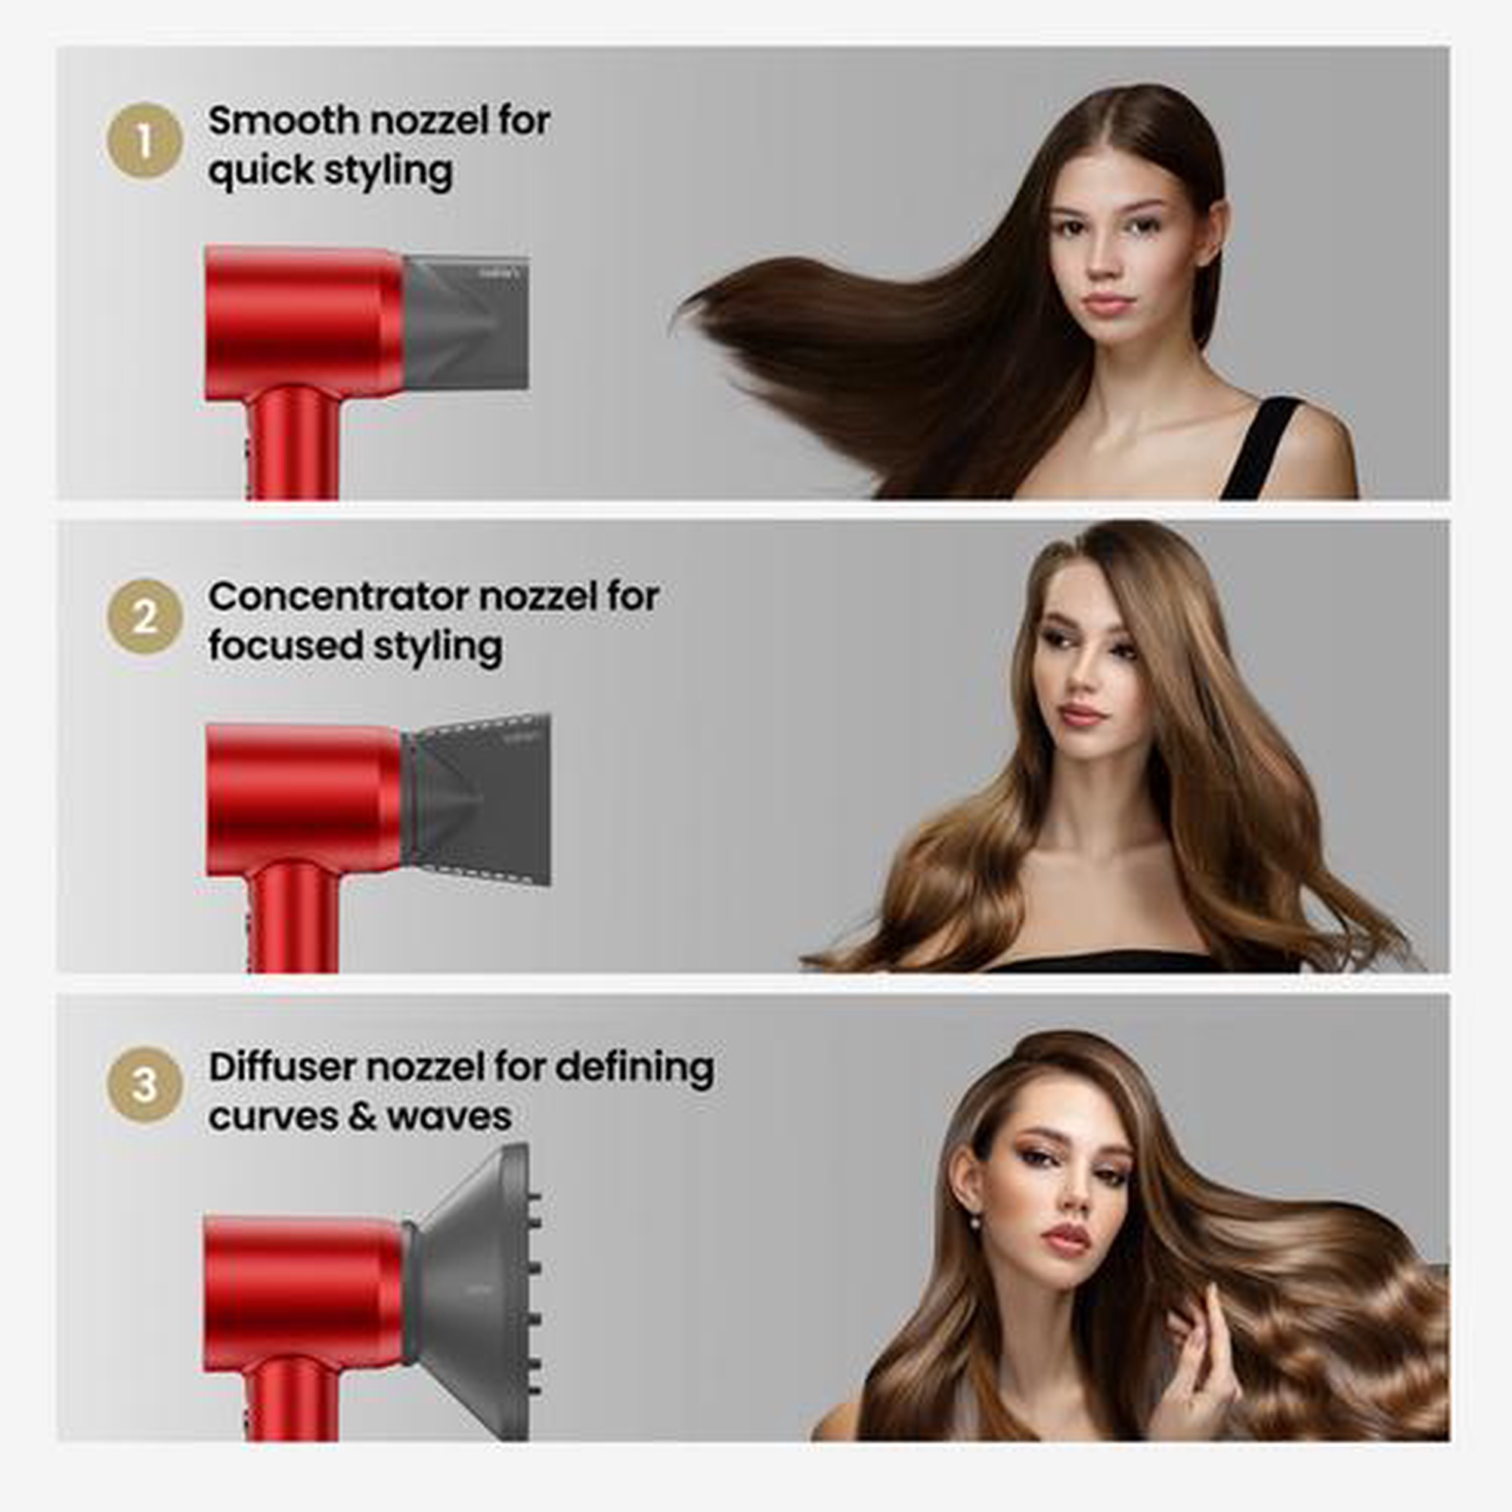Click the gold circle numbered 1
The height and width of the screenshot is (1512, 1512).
pos(145,141)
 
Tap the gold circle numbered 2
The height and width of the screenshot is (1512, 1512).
pos(145,617)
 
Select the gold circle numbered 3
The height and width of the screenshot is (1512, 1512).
pos(145,1086)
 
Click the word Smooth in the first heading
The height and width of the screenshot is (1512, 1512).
pos(283,120)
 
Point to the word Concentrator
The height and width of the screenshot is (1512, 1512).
pos(338,596)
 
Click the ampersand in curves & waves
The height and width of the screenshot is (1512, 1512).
pos(361,1116)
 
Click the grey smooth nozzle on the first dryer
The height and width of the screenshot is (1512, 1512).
pos(466,323)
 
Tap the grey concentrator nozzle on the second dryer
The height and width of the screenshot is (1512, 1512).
pos(477,799)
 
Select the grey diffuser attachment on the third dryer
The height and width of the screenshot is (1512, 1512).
pos(474,1290)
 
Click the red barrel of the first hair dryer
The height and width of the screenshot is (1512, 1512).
pos(305,323)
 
